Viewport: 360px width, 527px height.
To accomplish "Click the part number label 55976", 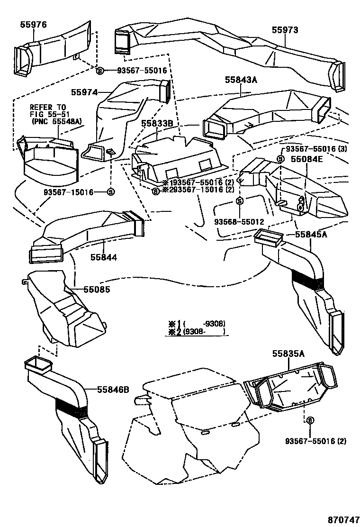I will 33,25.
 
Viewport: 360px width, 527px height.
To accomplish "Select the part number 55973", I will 285,30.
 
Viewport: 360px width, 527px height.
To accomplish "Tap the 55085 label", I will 97,288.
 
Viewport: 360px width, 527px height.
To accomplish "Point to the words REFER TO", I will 48,107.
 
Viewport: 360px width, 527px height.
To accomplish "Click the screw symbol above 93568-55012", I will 239,201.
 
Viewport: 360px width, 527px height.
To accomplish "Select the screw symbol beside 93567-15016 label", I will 110,192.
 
